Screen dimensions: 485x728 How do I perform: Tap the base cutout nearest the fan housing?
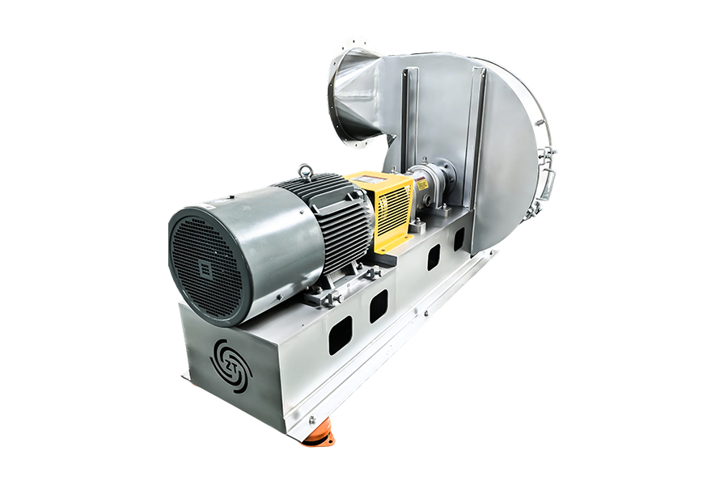point(459,238)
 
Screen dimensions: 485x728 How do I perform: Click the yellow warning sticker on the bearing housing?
point(425,186)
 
